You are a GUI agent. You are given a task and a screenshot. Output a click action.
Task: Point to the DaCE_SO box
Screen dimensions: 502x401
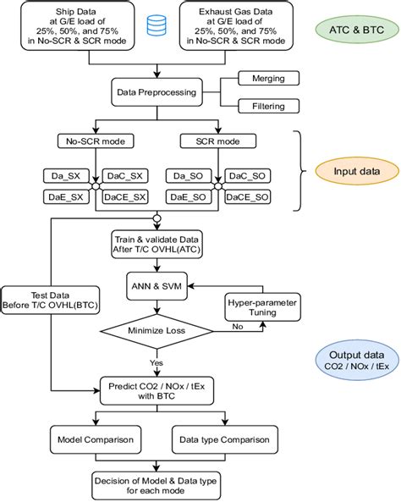[248, 196]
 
